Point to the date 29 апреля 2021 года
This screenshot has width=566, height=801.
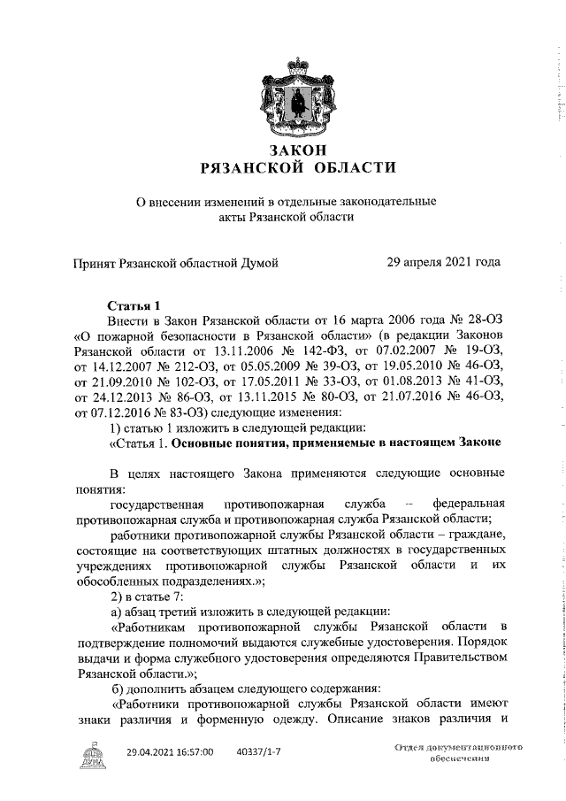pos(444,262)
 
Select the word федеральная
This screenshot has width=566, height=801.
pos(463,504)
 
